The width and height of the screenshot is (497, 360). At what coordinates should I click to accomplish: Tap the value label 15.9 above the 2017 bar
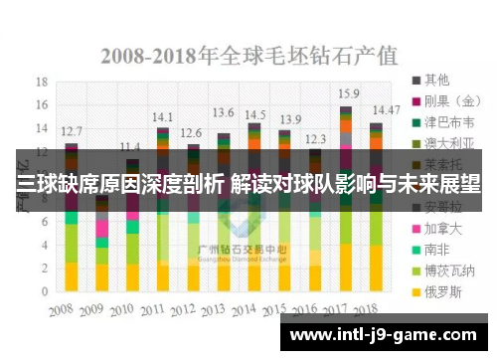pos(348,93)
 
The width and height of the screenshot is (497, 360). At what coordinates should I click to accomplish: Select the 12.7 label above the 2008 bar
pos(72,130)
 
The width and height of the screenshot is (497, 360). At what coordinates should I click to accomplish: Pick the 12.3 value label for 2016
pos(316,139)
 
